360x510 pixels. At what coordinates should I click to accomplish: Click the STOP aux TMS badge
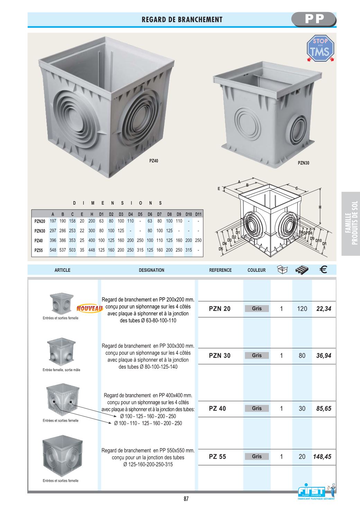pyautogui.click(x=320, y=48)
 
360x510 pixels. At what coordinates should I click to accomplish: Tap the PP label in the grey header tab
pyautogui.click(x=315, y=19)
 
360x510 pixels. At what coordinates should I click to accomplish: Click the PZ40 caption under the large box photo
pyautogui.click(x=154, y=161)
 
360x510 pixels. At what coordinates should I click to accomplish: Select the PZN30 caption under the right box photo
pyautogui.click(x=304, y=163)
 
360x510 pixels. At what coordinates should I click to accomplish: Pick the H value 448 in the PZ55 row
pyautogui.click(x=92, y=250)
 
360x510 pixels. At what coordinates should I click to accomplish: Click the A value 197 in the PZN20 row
pyautogui.click(x=53, y=221)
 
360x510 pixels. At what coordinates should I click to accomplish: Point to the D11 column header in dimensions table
pyautogui.click(x=198, y=214)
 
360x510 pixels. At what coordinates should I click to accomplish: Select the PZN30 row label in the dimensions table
pyautogui.click(x=40, y=231)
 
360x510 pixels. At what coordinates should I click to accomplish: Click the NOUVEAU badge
pyautogui.click(x=90, y=308)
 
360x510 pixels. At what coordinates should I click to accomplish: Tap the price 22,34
pyautogui.click(x=324, y=309)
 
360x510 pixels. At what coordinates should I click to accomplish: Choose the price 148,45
pyautogui.click(x=322, y=456)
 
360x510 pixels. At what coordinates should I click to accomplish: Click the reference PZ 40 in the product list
pyautogui.click(x=217, y=409)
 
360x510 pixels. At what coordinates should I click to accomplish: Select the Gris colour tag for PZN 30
pyautogui.click(x=257, y=355)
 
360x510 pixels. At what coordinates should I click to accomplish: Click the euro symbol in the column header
pyautogui.click(x=323, y=270)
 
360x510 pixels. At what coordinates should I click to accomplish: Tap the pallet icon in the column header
pyautogui.click(x=302, y=270)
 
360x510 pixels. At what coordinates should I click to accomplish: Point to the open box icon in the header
pyautogui.click(x=282, y=270)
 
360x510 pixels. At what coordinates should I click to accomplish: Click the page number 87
pyautogui.click(x=186, y=499)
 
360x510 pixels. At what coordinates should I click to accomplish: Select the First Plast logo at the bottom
pyautogui.click(x=316, y=492)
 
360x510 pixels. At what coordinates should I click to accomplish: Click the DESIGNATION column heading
pyautogui.click(x=152, y=270)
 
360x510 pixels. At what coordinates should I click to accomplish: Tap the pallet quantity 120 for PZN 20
pyautogui.click(x=302, y=309)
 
